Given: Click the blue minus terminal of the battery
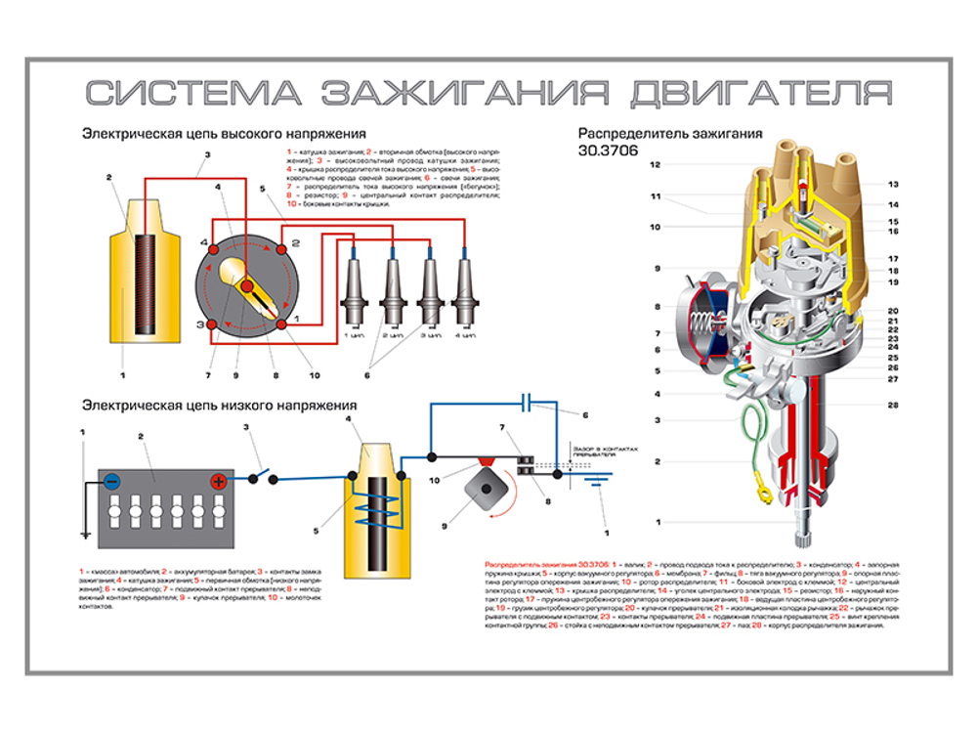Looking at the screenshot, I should point(113,480).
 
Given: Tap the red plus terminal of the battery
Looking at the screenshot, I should point(219,480).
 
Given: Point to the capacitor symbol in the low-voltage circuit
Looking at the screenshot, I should point(528,401).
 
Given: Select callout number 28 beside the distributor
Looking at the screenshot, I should point(893,404).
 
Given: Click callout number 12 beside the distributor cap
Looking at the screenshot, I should point(656,164).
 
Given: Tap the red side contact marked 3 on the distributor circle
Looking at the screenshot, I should point(209,323).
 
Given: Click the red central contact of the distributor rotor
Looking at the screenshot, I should point(247,285).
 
